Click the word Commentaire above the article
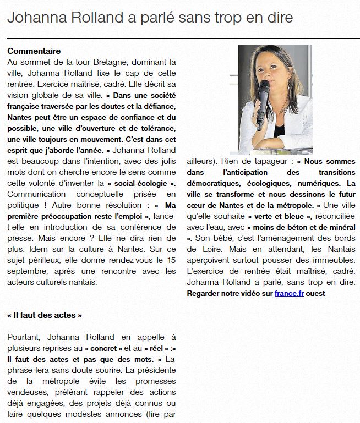[34, 51]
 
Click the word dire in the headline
[278, 19]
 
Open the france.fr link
[289, 293]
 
